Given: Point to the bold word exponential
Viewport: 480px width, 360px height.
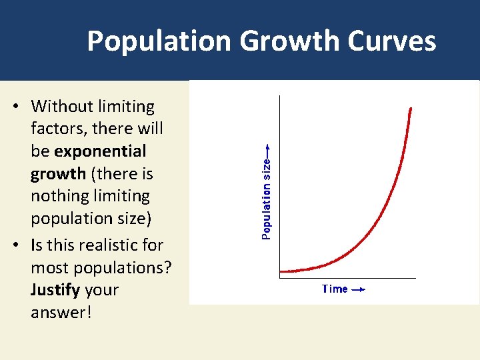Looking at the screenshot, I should (x=100, y=151).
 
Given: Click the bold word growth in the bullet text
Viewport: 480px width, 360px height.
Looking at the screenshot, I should (x=58, y=174).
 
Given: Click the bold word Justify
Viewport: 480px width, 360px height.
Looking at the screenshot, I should (x=54, y=290).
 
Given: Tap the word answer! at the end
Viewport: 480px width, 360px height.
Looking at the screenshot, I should (x=59, y=312).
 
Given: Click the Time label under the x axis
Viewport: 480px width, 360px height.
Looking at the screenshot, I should (x=335, y=289).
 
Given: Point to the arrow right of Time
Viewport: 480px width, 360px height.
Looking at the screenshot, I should (x=358, y=289).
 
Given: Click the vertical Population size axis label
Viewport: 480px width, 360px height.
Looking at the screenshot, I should (x=267, y=198).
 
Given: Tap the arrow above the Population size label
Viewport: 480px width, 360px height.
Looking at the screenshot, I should (x=267, y=149).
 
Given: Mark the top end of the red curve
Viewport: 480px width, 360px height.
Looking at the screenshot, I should (x=411, y=108).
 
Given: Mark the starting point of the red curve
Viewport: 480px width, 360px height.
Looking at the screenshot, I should (x=281, y=271).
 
